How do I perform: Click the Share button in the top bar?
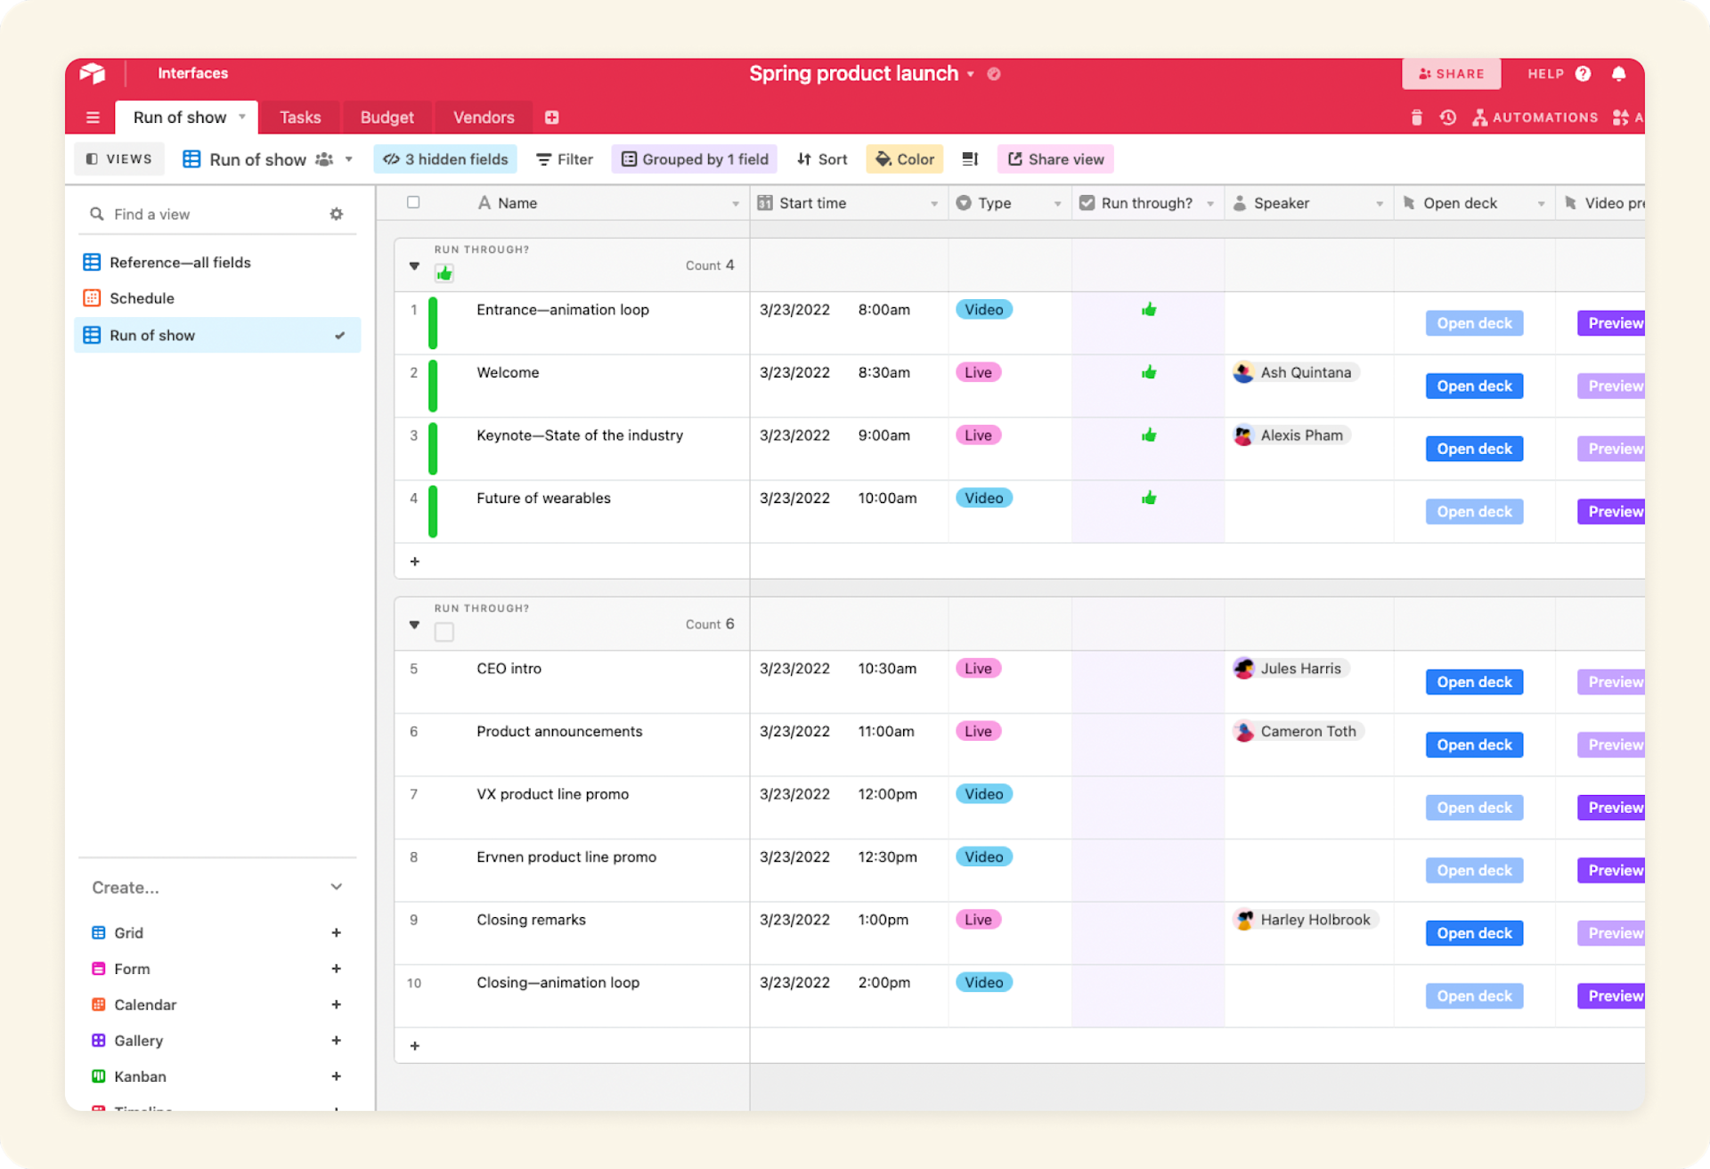point(1451,74)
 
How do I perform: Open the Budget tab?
point(387,118)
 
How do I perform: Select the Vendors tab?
point(483,118)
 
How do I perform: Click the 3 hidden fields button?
point(445,159)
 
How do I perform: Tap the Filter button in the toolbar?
point(565,159)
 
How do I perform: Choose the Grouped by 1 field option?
point(695,159)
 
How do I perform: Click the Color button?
point(905,159)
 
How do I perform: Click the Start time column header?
point(812,203)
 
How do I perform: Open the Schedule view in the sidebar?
point(142,298)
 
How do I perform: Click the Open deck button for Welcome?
point(1474,386)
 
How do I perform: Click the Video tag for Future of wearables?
point(983,499)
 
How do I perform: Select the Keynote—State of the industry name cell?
point(579,435)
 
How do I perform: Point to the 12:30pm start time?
point(887,857)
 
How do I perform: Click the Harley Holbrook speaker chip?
point(1305,920)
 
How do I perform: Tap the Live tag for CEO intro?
point(978,669)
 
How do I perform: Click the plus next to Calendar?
point(336,1004)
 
